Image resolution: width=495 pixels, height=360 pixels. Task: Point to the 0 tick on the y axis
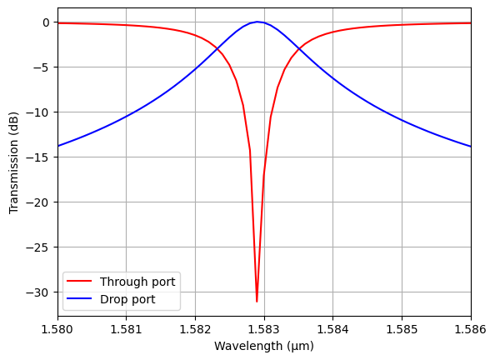click(47, 22)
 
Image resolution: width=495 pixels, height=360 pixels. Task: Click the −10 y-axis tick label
click(40, 112)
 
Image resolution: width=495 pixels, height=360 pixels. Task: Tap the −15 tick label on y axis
click(40, 157)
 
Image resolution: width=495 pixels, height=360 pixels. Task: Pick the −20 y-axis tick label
click(40, 202)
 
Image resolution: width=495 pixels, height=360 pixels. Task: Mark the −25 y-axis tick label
click(40, 247)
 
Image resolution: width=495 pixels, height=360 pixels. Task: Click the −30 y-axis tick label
click(40, 292)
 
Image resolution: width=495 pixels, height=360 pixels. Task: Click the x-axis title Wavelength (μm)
click(264, 346)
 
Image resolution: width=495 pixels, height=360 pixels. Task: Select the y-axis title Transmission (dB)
click(14, 163)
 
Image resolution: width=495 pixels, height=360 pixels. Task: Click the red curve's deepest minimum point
click(257, 301)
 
